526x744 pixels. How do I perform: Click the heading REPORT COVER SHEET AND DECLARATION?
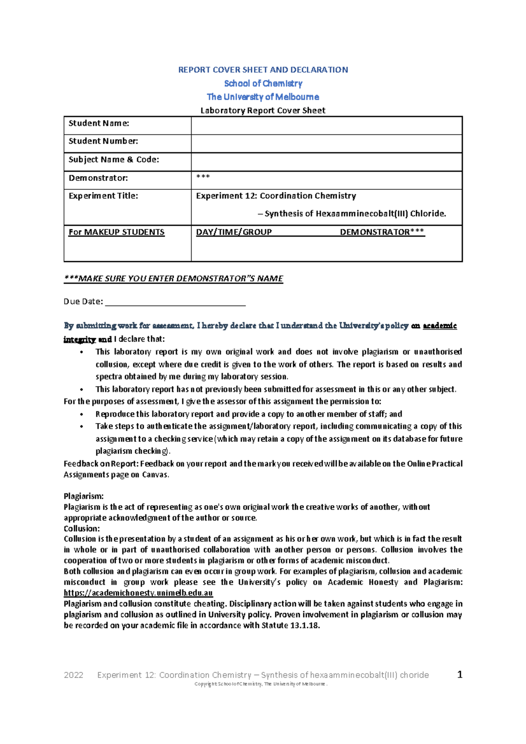tap(263, 70)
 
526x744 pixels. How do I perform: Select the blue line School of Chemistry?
tap(263, 83)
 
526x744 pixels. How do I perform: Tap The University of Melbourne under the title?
tap(263, 97)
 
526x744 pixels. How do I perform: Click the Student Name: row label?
tap(99, 124)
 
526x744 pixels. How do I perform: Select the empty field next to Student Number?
tap(327, 143)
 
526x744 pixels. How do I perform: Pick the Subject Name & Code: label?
tap(114, 160)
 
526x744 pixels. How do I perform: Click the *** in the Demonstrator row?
tap(203, 177)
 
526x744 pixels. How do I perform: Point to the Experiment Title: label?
tap(103, 196)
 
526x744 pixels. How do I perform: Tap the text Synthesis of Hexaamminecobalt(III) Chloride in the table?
tap(355, 214)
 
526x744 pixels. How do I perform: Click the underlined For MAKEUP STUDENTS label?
tap(117, 232)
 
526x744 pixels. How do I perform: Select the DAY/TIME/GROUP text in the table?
tap(234, 232)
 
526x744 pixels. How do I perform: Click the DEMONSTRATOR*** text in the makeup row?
tap(382, 232)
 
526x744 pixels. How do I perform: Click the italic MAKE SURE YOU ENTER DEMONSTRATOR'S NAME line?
tap(174, 279)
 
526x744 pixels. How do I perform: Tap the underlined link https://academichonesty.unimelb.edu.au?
tap(138, 593)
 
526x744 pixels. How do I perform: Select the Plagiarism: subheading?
tap(84, 496)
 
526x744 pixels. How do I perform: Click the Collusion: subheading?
tap(82, 528)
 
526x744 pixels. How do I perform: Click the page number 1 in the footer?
tap(460, 674)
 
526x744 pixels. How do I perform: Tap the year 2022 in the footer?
tap(74, 675)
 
